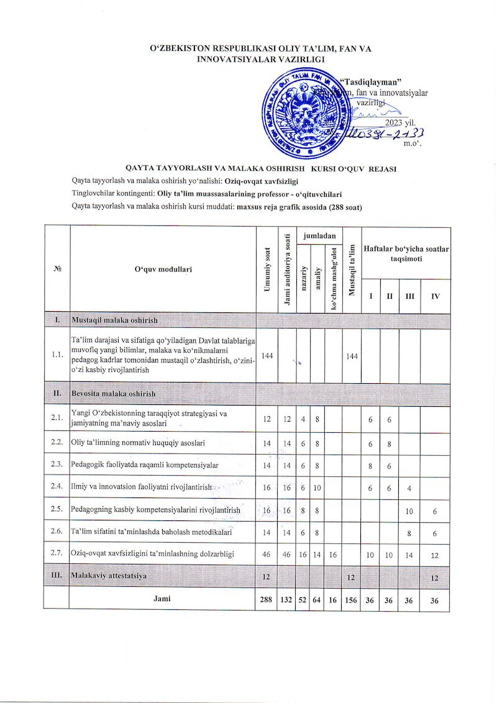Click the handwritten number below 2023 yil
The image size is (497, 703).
[385, 134]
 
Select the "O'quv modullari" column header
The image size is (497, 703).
[163, 269]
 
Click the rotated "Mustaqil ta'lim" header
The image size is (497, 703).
[352, 269]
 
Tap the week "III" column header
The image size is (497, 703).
[409, 296]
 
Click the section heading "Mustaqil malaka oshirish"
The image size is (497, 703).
[115, 320]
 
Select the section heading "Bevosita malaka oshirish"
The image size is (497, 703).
[114, 394]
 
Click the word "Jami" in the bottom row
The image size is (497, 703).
[162, 599]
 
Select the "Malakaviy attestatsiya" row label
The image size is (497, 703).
[109, 576]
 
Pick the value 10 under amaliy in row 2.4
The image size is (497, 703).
[317, 488]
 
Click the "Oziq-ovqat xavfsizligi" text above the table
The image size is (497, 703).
[261, 181]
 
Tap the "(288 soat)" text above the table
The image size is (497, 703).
[340, 207]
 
